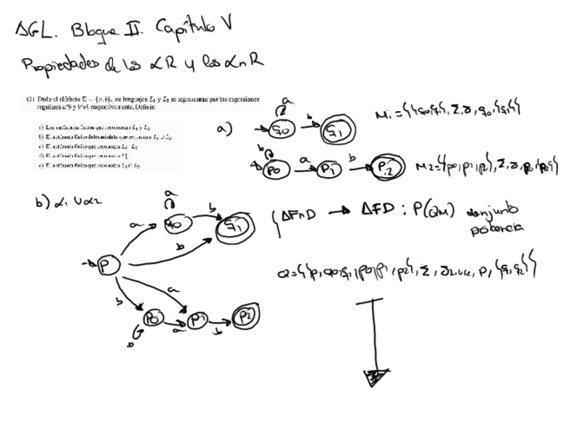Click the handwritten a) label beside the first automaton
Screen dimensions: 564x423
(224, 129)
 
